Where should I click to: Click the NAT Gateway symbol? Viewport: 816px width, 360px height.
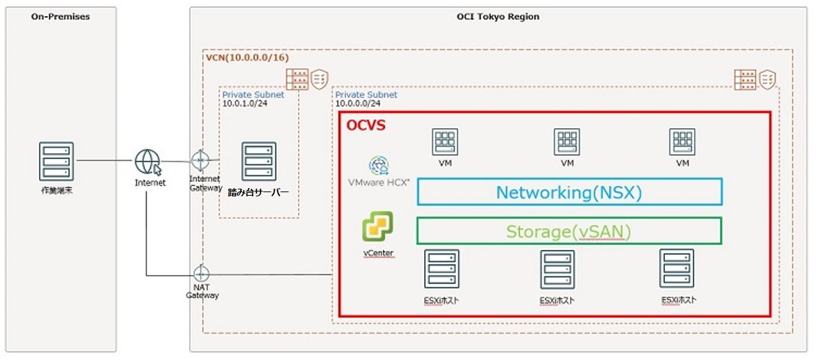(202, 274)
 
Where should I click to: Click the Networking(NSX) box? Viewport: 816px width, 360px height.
(569, 191)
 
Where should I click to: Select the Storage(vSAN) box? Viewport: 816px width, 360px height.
(569, 231)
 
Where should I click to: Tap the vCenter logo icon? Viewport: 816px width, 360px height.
(377, 227)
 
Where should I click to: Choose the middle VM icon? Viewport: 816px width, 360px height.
(567, 142)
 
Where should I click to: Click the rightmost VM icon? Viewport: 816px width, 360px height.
(682, 142)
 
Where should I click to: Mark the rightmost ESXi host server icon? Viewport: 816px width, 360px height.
(677, 269)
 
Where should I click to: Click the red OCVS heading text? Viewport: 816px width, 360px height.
(366, 126)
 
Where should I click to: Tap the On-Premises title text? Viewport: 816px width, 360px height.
(60, 17)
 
